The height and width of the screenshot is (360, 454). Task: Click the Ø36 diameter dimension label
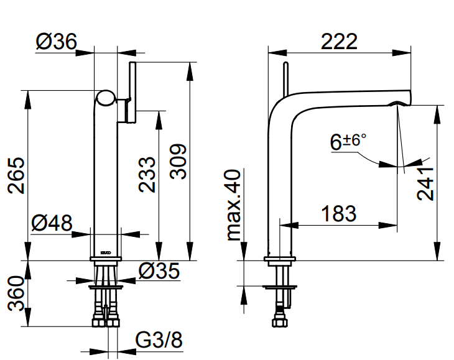[56, 42]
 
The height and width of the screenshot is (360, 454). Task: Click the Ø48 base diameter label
[51, 223]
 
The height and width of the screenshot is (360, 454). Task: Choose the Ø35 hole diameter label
[159, 271]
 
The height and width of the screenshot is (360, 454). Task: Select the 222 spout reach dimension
[340, 42]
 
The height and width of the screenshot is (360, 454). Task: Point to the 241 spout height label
[425, 184]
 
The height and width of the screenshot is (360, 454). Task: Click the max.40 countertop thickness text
[234, 205]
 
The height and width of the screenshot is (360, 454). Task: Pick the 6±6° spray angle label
[348, 142]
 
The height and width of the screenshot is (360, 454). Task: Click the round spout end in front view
[106, 98]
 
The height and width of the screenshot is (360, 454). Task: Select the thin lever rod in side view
[285, 78]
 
